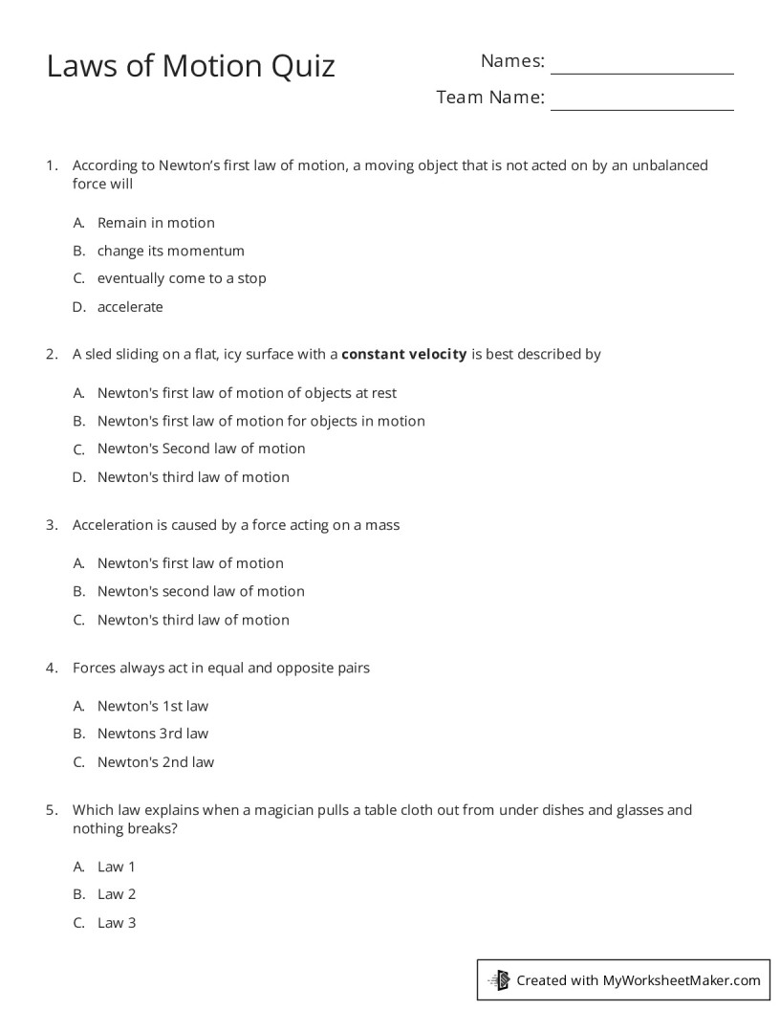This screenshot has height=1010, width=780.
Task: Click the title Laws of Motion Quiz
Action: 191,66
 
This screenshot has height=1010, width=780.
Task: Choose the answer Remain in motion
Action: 156,223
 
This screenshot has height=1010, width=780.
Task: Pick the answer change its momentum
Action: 171,251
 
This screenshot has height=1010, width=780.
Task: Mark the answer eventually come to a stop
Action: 182,278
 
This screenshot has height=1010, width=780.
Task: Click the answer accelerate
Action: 130,307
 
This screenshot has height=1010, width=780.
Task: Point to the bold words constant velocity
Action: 404,354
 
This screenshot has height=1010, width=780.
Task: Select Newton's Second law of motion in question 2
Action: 201,449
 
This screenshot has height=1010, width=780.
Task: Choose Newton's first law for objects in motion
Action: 261,421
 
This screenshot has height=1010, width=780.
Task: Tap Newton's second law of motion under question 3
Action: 201,591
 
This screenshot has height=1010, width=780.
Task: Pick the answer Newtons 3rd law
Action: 153,734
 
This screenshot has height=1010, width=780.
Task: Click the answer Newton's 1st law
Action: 153,706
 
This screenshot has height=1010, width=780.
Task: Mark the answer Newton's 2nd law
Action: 156,762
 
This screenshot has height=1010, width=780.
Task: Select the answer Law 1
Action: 117,867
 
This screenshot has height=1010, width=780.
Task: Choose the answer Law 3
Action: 117,923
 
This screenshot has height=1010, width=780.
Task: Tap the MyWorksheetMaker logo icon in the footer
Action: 499,979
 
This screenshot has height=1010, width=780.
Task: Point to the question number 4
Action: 52,668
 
